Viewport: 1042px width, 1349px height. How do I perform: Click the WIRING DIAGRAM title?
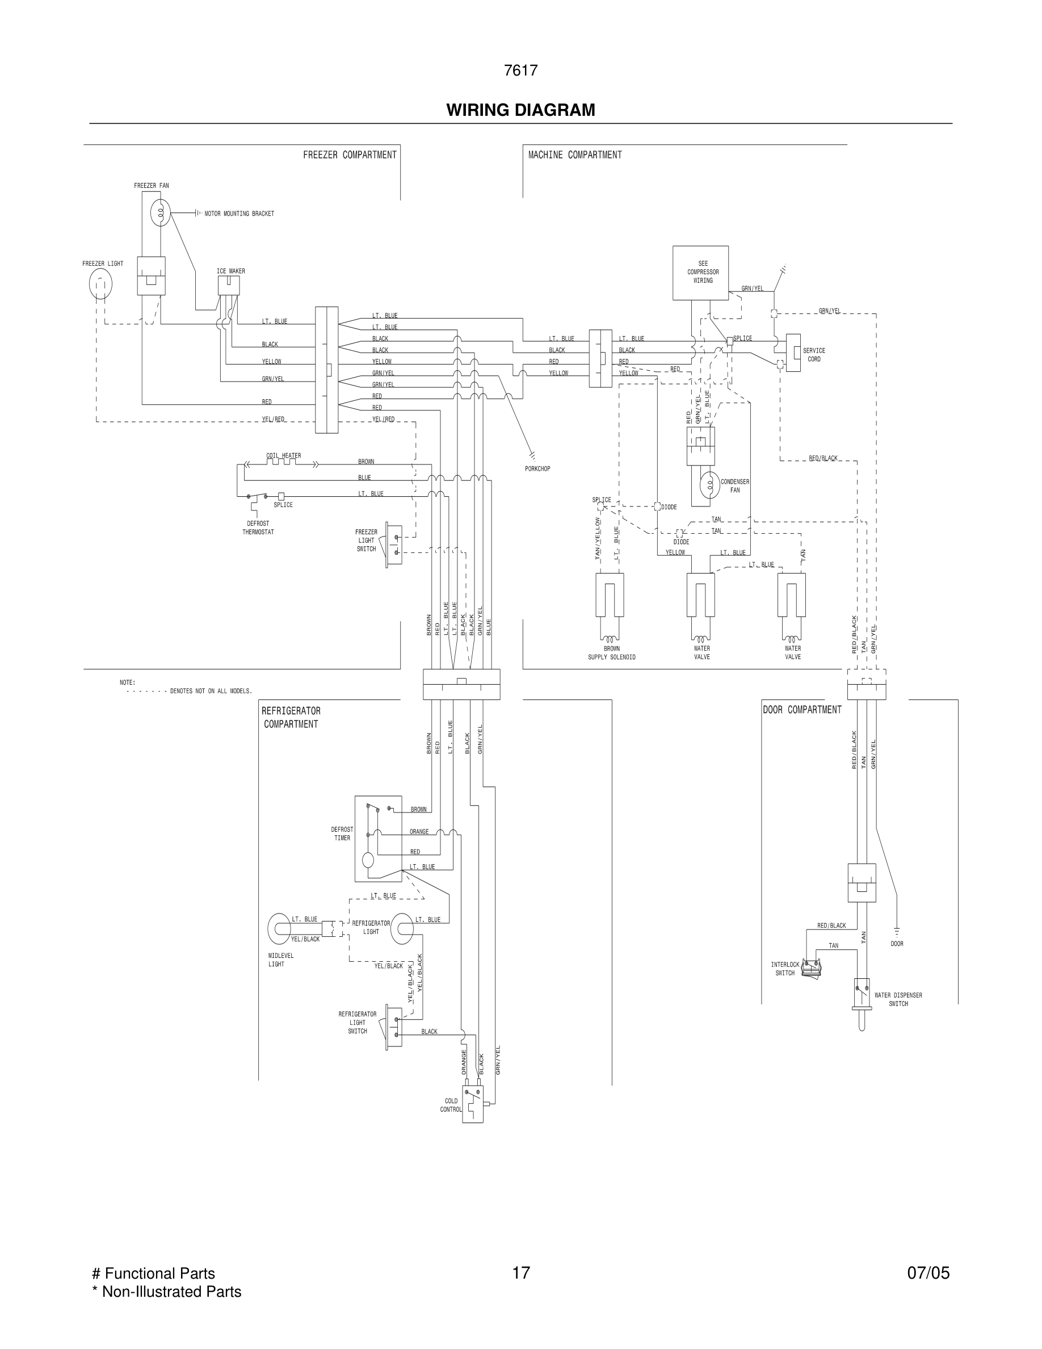[x=520, y=110]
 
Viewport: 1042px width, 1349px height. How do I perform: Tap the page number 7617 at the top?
[x=520, y=70]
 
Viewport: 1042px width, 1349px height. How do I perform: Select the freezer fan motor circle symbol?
[x=161, y=213]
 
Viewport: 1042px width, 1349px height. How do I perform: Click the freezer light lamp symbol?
[x=100, y=285]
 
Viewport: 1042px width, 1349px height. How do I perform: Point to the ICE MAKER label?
[x=230, y=271]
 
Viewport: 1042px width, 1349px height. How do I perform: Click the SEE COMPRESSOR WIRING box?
[x=700, y=273]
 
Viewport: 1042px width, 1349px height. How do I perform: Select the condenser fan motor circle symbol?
[x=710, y=485]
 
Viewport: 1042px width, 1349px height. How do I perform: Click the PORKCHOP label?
[x=537, y=469]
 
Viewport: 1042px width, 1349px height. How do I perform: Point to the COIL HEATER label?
[x=283, y=456]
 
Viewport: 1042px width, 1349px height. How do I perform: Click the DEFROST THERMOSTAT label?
[x=258, y=527]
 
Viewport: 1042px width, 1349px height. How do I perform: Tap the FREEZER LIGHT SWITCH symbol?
[x=393, y=544]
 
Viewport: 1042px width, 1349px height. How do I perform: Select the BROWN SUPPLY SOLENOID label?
[x=611, y=653]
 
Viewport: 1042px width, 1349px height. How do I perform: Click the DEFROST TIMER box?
[x=378, y=838]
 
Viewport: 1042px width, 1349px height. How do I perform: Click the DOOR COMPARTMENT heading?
[x=801, y=710]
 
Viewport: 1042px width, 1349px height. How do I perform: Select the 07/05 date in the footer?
[x=928, y=1273]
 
